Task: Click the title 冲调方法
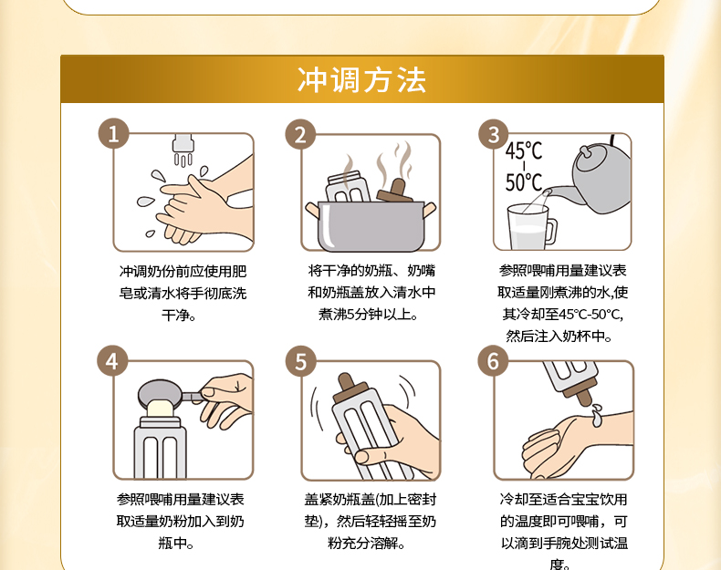362,80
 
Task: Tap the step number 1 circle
113,134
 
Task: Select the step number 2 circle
300,135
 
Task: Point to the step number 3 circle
494,134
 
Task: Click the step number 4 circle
112,361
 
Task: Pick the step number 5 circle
301,361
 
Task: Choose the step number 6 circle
493,360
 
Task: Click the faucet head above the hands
183,143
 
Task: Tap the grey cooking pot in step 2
371,226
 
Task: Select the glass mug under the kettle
531,228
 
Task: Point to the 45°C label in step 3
524,150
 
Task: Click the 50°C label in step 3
524,182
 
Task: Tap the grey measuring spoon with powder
168,396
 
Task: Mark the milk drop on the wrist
596,415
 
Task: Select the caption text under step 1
183,293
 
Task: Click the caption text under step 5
370,522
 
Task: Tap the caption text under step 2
371,292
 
